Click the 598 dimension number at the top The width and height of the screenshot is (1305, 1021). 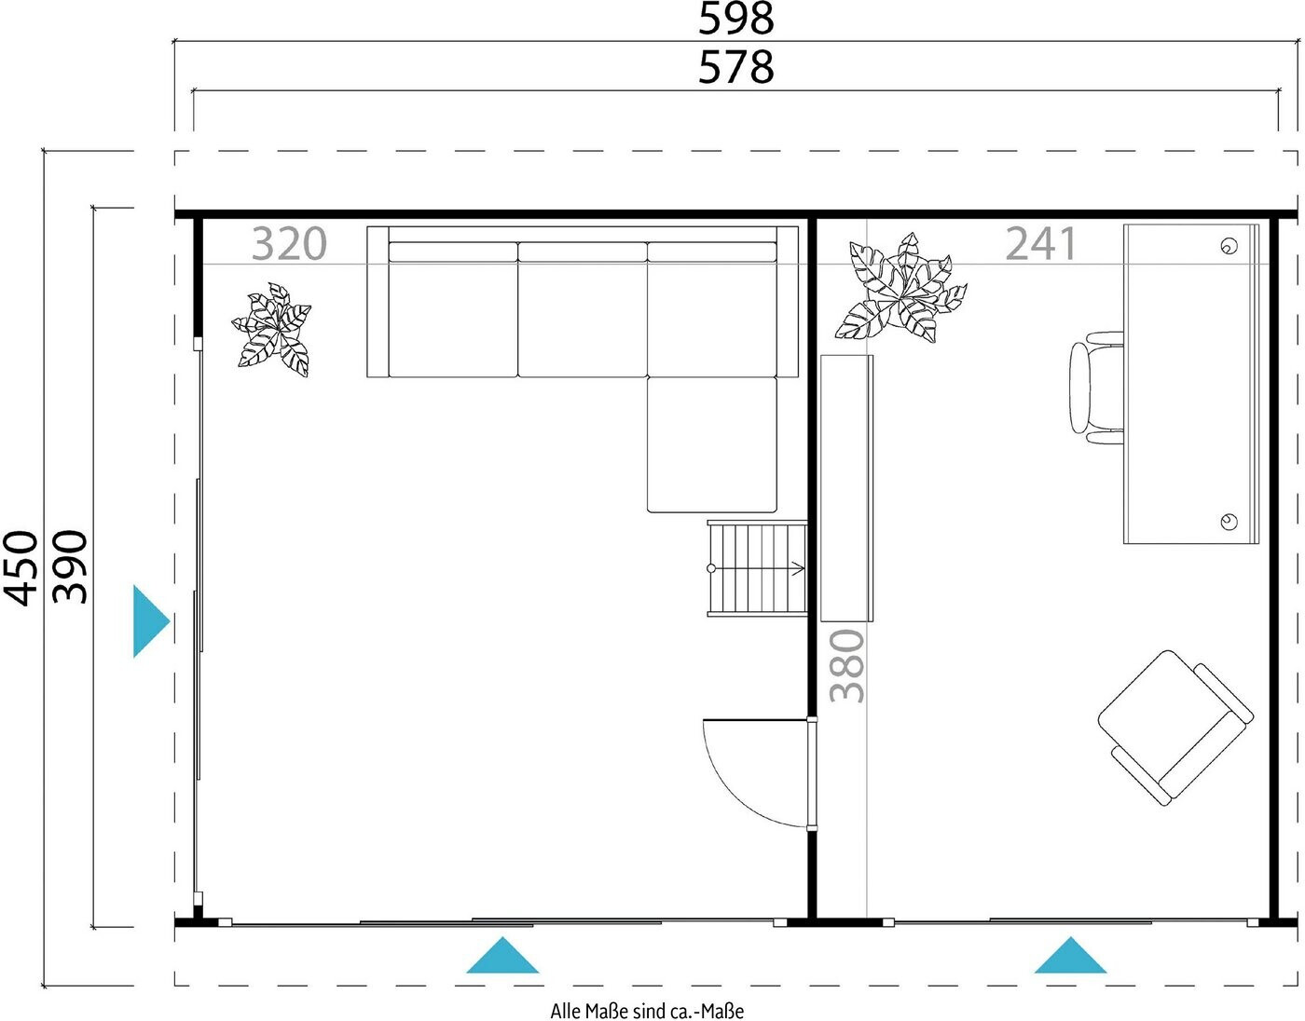(x=735, y=19)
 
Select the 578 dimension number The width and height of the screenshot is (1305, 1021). (x=735, y=67)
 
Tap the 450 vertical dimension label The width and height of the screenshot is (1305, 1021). (x=21, y=567)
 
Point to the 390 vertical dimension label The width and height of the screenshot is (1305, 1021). (x=70, y=566)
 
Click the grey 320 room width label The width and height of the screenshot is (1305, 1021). (x=289, y=244)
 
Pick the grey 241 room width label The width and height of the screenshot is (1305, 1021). (x=1041, y=243)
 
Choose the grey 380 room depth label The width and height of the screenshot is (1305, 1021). (x=846, y=666)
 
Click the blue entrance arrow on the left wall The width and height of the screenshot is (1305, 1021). (x=150, y=621)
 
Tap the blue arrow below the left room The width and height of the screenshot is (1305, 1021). (x=502, y=955)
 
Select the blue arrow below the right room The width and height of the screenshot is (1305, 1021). (x=1070, y=955)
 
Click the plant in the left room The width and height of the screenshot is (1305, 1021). (x=272, y=330)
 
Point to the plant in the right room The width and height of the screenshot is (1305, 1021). (x=900, y=289)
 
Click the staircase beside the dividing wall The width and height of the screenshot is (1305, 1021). (x=757, y=569)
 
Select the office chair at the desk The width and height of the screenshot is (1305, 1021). (x=1096, y=388)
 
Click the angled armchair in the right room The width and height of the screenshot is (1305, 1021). (x=1175, y=728)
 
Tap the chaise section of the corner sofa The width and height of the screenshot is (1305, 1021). (x=711, y=444)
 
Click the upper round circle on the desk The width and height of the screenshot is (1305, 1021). (x=1229, y=246)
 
